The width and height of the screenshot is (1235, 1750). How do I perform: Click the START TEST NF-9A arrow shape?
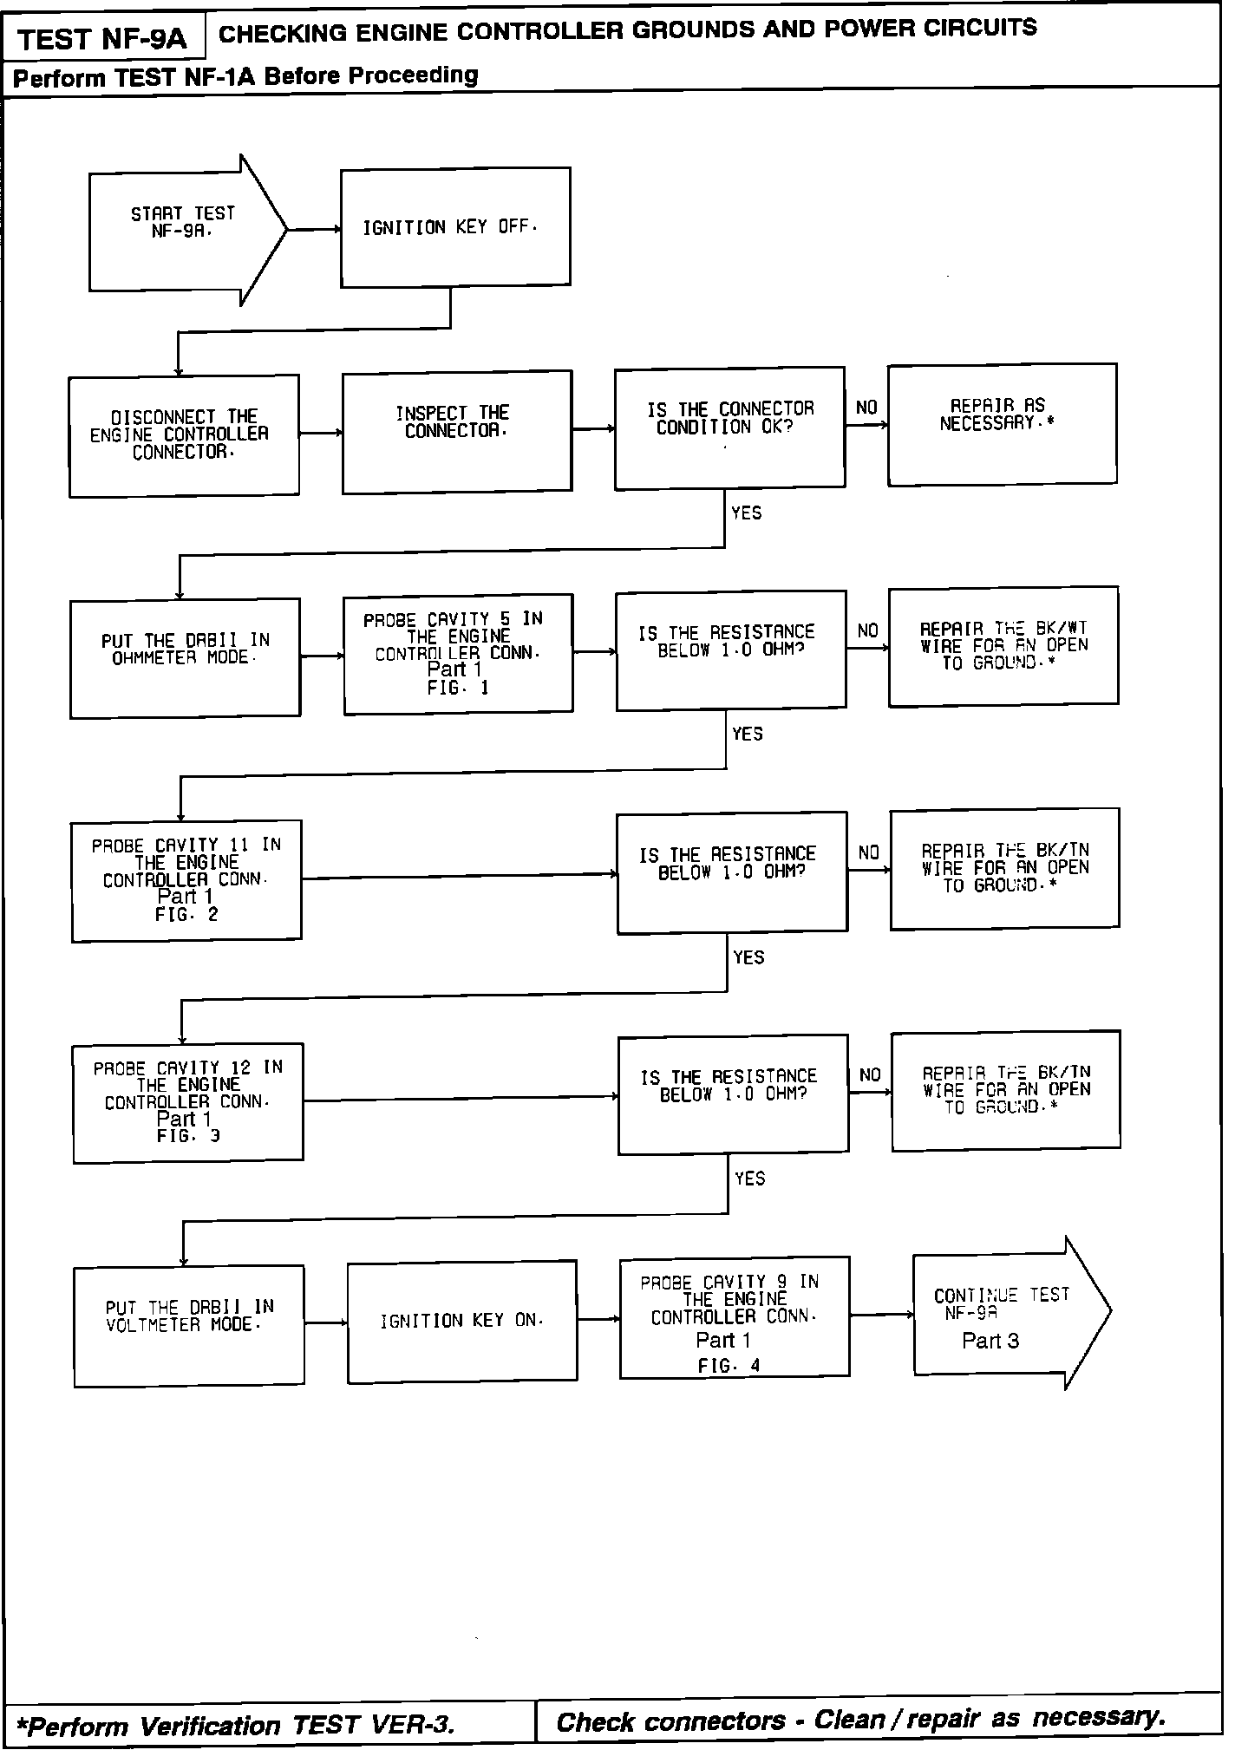point(182,230)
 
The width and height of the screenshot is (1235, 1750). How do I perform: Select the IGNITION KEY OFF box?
point(455,227)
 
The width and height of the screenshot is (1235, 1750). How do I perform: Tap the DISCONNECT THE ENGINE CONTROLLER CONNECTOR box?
point(184,435)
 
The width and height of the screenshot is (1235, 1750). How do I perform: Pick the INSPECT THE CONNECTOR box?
point(456,431)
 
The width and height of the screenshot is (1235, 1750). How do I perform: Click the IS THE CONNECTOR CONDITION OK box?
point(729,427)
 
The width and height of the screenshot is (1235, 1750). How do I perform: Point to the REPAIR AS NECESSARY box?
point(1002,423)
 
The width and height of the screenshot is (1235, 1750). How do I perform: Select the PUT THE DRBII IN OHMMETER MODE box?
point(185,657)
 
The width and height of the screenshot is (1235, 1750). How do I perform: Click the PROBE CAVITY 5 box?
point(458,654)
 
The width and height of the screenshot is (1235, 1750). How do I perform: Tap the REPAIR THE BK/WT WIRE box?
point(1003,646)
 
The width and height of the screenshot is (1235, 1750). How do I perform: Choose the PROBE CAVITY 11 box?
point(186,879)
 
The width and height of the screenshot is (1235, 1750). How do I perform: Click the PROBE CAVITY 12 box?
point(188,1102)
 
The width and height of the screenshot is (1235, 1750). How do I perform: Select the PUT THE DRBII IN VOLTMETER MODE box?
point(189,1326)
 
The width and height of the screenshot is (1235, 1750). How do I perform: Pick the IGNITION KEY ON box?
point(462,1321)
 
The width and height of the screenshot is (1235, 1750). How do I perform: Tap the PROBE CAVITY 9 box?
point(734,1316)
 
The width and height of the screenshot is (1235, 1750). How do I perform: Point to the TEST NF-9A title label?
point(102,39)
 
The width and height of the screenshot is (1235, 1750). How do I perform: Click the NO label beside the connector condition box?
point(866,408)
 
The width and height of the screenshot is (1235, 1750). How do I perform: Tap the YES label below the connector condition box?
point(746,513)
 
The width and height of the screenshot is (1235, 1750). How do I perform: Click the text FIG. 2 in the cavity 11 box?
point(186,915)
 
